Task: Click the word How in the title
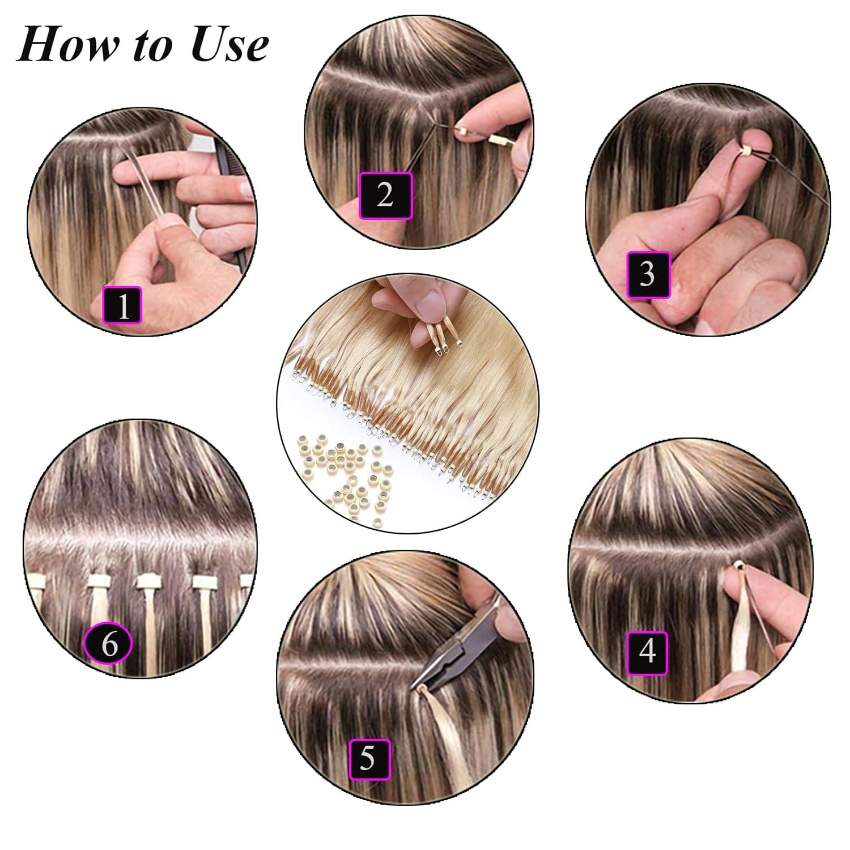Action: pos(69,45)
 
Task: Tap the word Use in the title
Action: pos(229,45)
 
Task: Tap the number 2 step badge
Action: pos(385,194)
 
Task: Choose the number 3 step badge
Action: pos(648,274)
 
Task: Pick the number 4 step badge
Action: pos(648,653)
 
